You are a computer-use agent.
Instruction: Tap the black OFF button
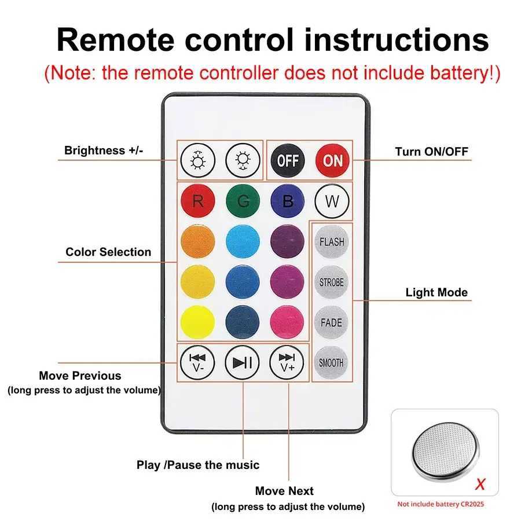pyautogui.click(x=287, y=160)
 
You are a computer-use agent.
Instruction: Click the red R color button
pyautogui.click(x=198, y=201)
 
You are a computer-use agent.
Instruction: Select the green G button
pyautogui.click(x=243, y=201)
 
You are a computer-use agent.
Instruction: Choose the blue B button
pyautogui.click(x=287, y=201)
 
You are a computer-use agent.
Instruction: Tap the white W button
pyautogui.click(x=332, y=201)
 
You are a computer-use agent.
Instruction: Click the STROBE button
pyautogui.click(x=332, y=282)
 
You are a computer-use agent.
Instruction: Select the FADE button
pyautogui.click(x=332, y=322)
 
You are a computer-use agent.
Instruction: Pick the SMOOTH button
pyautogui.click(x=332, y=363)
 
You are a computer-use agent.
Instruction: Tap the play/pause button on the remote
pyautogui.click(x=243, y=363)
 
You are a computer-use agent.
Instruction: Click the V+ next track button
pyautogui.click(x=287, y=363)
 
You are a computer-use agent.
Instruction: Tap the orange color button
pyautogui.click(x=198, y=242)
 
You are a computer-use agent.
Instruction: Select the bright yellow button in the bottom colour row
pyautogui.click(x=198, y=322)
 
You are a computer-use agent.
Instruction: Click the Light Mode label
pyautogui.click(x=436, y=292)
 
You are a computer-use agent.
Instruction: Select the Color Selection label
pyautogui.click(x=108, y=252)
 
